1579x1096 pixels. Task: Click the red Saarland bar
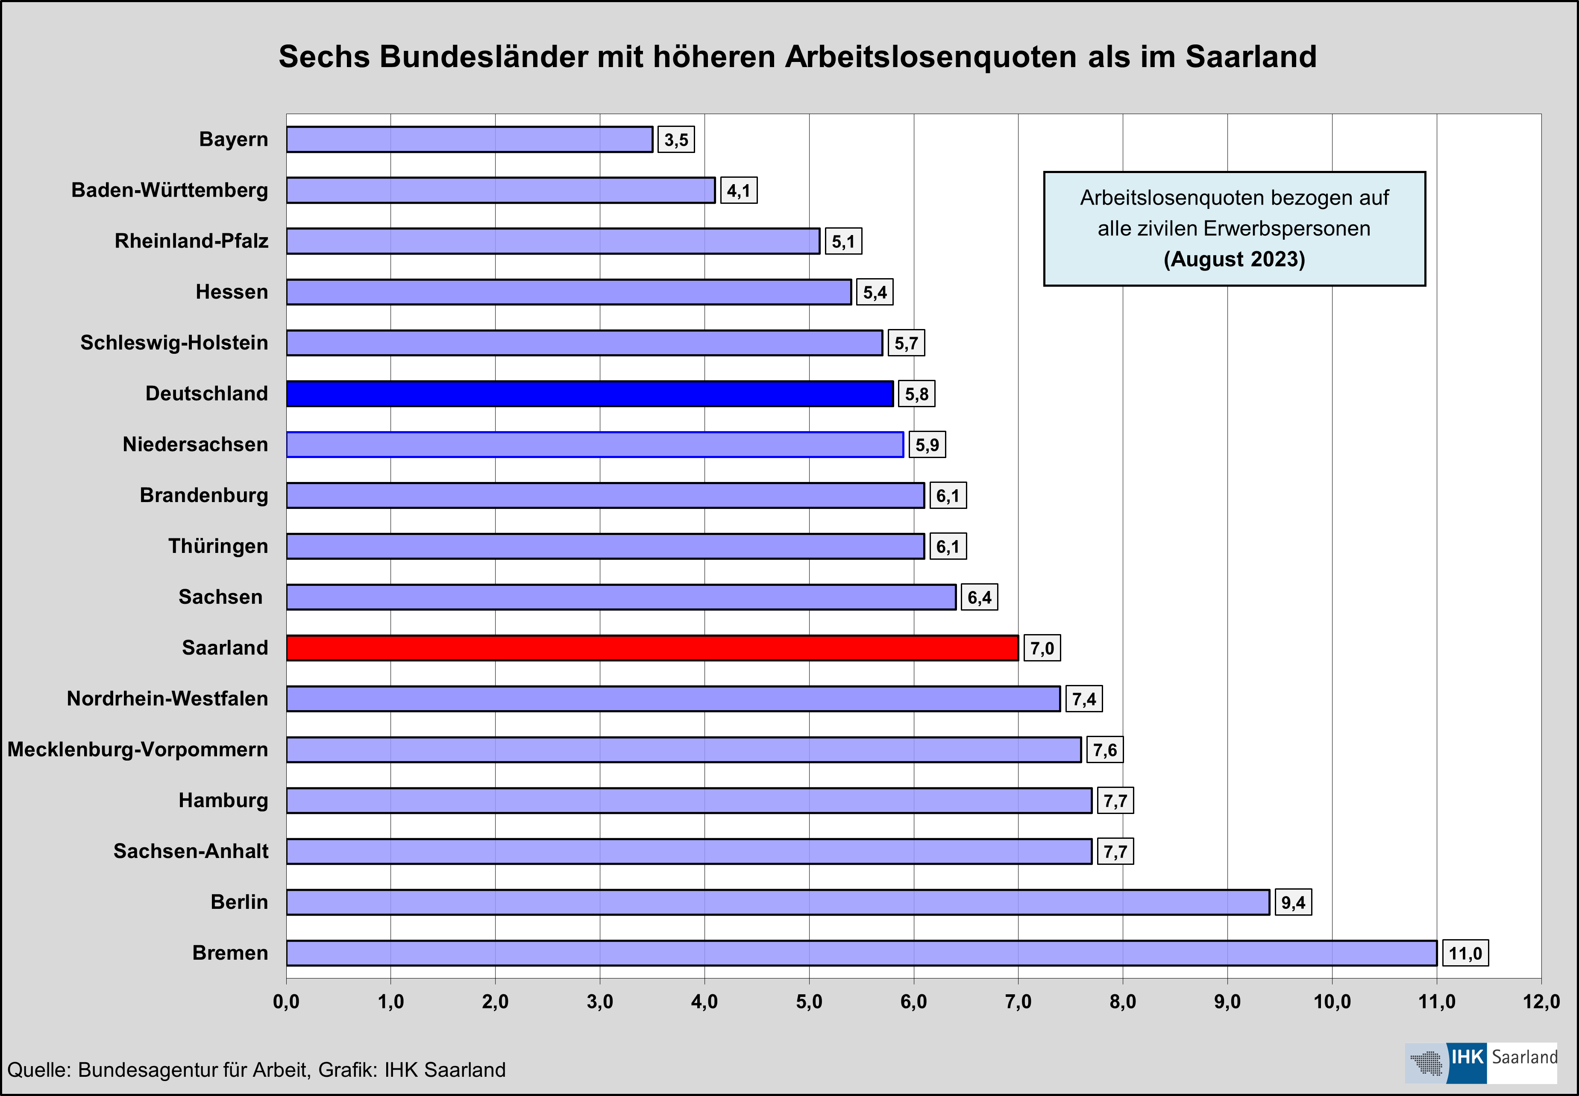(x=652, y=648)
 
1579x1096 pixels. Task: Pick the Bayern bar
(x=469, y=139)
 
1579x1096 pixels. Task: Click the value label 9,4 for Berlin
(x=1293, y=902)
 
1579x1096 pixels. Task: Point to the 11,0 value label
(x=1465, y=953)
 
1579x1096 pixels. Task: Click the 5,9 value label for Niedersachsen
(x=927, y=445)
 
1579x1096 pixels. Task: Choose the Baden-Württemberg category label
(x=170, y=190)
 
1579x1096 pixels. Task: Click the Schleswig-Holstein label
(x=174, y=343)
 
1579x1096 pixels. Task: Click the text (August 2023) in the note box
(x=1234, y=260)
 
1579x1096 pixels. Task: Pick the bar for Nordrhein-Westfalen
(x=673, y=698)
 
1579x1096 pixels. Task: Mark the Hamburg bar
(x=689, y=800)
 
